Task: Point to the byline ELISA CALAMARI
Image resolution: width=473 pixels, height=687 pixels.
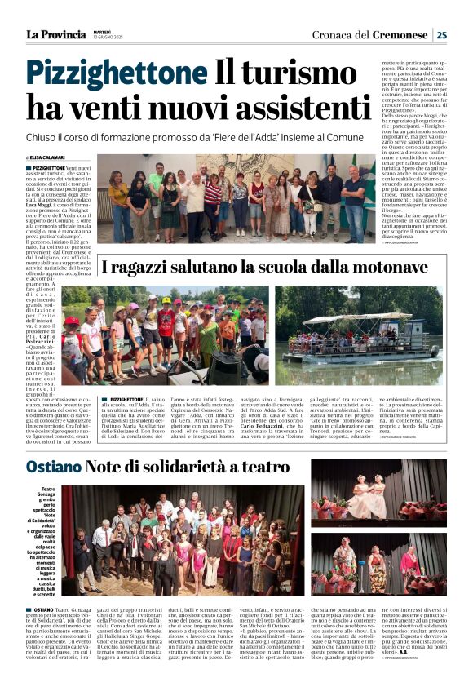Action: [51, 157]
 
